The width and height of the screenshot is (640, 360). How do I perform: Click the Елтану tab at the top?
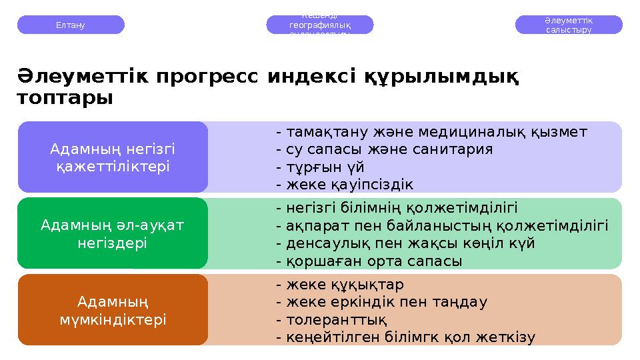71,25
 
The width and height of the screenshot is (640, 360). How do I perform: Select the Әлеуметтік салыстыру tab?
569,25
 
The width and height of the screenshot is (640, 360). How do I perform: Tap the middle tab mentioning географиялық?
320,25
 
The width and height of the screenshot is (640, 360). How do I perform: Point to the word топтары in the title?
64,98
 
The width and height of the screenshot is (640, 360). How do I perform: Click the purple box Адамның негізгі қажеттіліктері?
113,157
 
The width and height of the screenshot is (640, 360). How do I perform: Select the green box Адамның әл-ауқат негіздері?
113,233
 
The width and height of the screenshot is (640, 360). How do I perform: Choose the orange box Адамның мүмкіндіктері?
113,310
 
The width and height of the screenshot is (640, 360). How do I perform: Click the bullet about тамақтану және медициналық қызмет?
431,131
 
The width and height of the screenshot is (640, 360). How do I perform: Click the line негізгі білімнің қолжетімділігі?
397,207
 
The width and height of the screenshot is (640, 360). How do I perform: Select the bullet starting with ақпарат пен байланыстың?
441,225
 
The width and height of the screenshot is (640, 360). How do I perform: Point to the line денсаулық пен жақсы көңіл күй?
405,243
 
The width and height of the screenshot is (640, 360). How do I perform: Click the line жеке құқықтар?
339,285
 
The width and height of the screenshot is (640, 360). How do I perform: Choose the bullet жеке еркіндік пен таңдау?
381,302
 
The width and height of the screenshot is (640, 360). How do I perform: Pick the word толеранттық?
331,320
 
